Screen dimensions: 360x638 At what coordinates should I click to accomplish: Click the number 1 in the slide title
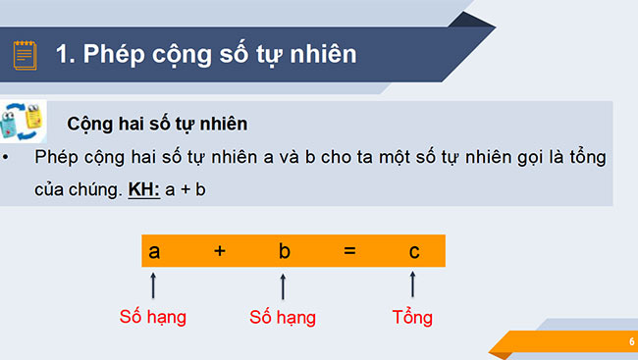65,54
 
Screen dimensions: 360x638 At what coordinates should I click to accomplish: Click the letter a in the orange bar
154,251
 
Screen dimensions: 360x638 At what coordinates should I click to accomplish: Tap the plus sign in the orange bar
220,251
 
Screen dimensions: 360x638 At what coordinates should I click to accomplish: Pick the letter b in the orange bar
284,251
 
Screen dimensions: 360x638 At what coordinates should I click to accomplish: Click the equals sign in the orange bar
348,251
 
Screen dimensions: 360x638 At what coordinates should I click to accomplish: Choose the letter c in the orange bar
414,251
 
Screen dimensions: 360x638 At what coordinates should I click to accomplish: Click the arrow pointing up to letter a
153,285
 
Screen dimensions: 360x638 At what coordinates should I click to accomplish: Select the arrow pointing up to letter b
283,285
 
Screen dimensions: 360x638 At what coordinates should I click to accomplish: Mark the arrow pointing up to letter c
412,284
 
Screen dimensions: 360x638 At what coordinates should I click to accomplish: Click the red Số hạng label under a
152,318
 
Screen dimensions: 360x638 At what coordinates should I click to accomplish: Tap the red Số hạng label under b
283,318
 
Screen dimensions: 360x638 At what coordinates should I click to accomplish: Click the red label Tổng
411,318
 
